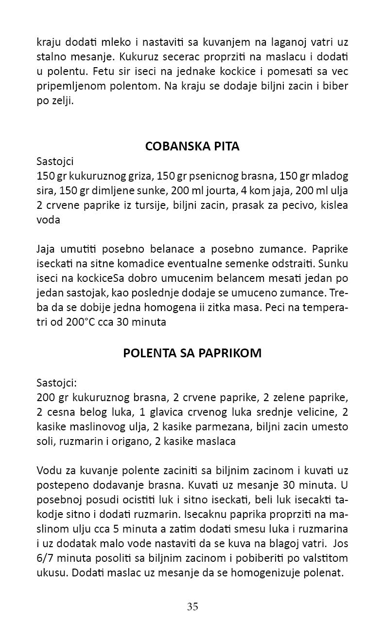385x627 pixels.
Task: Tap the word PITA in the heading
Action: (225, 147)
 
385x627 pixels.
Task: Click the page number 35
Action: (192, 606)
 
